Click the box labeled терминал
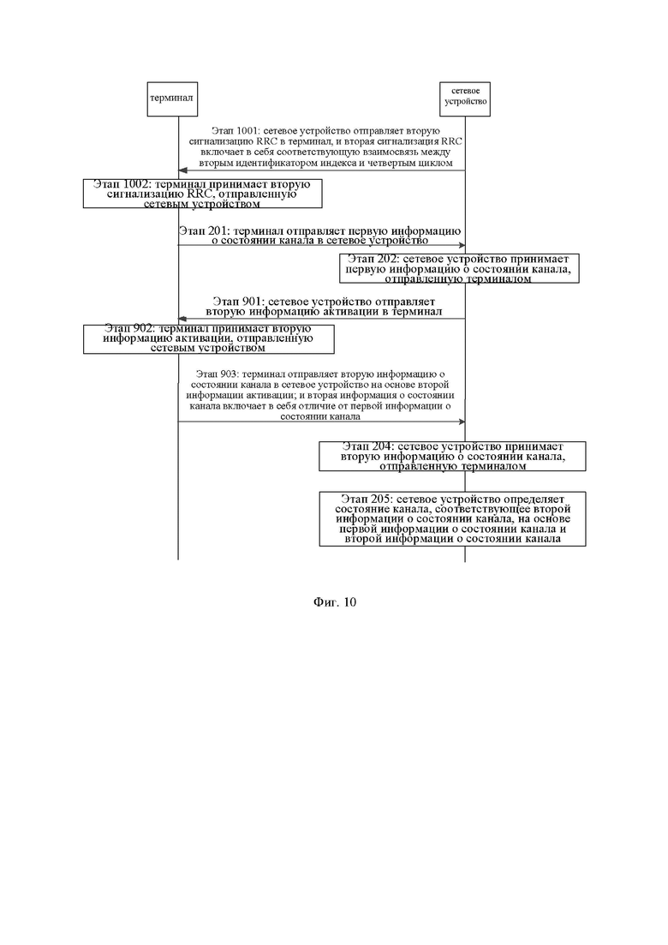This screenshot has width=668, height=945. (171, 99)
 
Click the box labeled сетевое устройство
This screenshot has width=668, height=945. (465, 94)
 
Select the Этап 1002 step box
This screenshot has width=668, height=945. (202, 194)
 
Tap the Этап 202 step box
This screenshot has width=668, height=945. (459, 267)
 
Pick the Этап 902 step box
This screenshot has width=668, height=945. (208, 338)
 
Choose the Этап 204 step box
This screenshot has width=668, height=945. (452, 457)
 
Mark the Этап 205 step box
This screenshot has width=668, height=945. (452, 519)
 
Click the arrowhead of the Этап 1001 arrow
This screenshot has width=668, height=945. (182, 170)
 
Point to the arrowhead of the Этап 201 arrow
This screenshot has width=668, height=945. (460, 246)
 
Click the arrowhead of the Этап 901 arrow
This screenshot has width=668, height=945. (182, 320)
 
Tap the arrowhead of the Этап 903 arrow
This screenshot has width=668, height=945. (460, 422)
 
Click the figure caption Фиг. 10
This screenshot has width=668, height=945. (334, 601)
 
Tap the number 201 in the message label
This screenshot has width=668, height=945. (218, 230)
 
